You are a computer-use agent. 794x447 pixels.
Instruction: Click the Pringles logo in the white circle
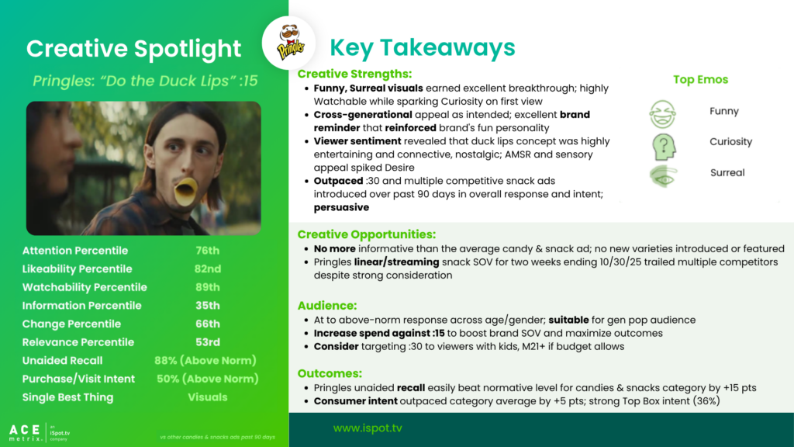290,43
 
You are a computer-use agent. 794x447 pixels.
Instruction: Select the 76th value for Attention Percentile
208,251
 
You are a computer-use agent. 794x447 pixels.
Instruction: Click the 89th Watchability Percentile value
208,287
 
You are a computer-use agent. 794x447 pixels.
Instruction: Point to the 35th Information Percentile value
208,306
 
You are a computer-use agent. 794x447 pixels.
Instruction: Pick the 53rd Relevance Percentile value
208,342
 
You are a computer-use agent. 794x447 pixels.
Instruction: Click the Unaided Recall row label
62,360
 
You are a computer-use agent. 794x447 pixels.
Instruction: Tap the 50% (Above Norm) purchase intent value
208,379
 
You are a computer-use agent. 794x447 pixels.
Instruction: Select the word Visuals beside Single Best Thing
208,397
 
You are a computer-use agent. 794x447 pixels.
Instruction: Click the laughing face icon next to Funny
662,114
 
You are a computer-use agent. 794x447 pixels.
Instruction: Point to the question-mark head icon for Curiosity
664,147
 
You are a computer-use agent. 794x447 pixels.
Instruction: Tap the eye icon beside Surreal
663,176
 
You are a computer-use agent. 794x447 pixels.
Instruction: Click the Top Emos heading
700,80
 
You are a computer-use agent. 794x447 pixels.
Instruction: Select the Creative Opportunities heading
367,234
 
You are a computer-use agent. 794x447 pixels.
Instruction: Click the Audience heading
327,306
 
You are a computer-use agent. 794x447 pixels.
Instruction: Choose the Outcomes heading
330,373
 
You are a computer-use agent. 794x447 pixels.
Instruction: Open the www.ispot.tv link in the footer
368,428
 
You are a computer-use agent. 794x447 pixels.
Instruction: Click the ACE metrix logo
25,433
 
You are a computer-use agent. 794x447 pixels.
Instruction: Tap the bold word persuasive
341,207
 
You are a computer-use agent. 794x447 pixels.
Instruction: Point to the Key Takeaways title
423,47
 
